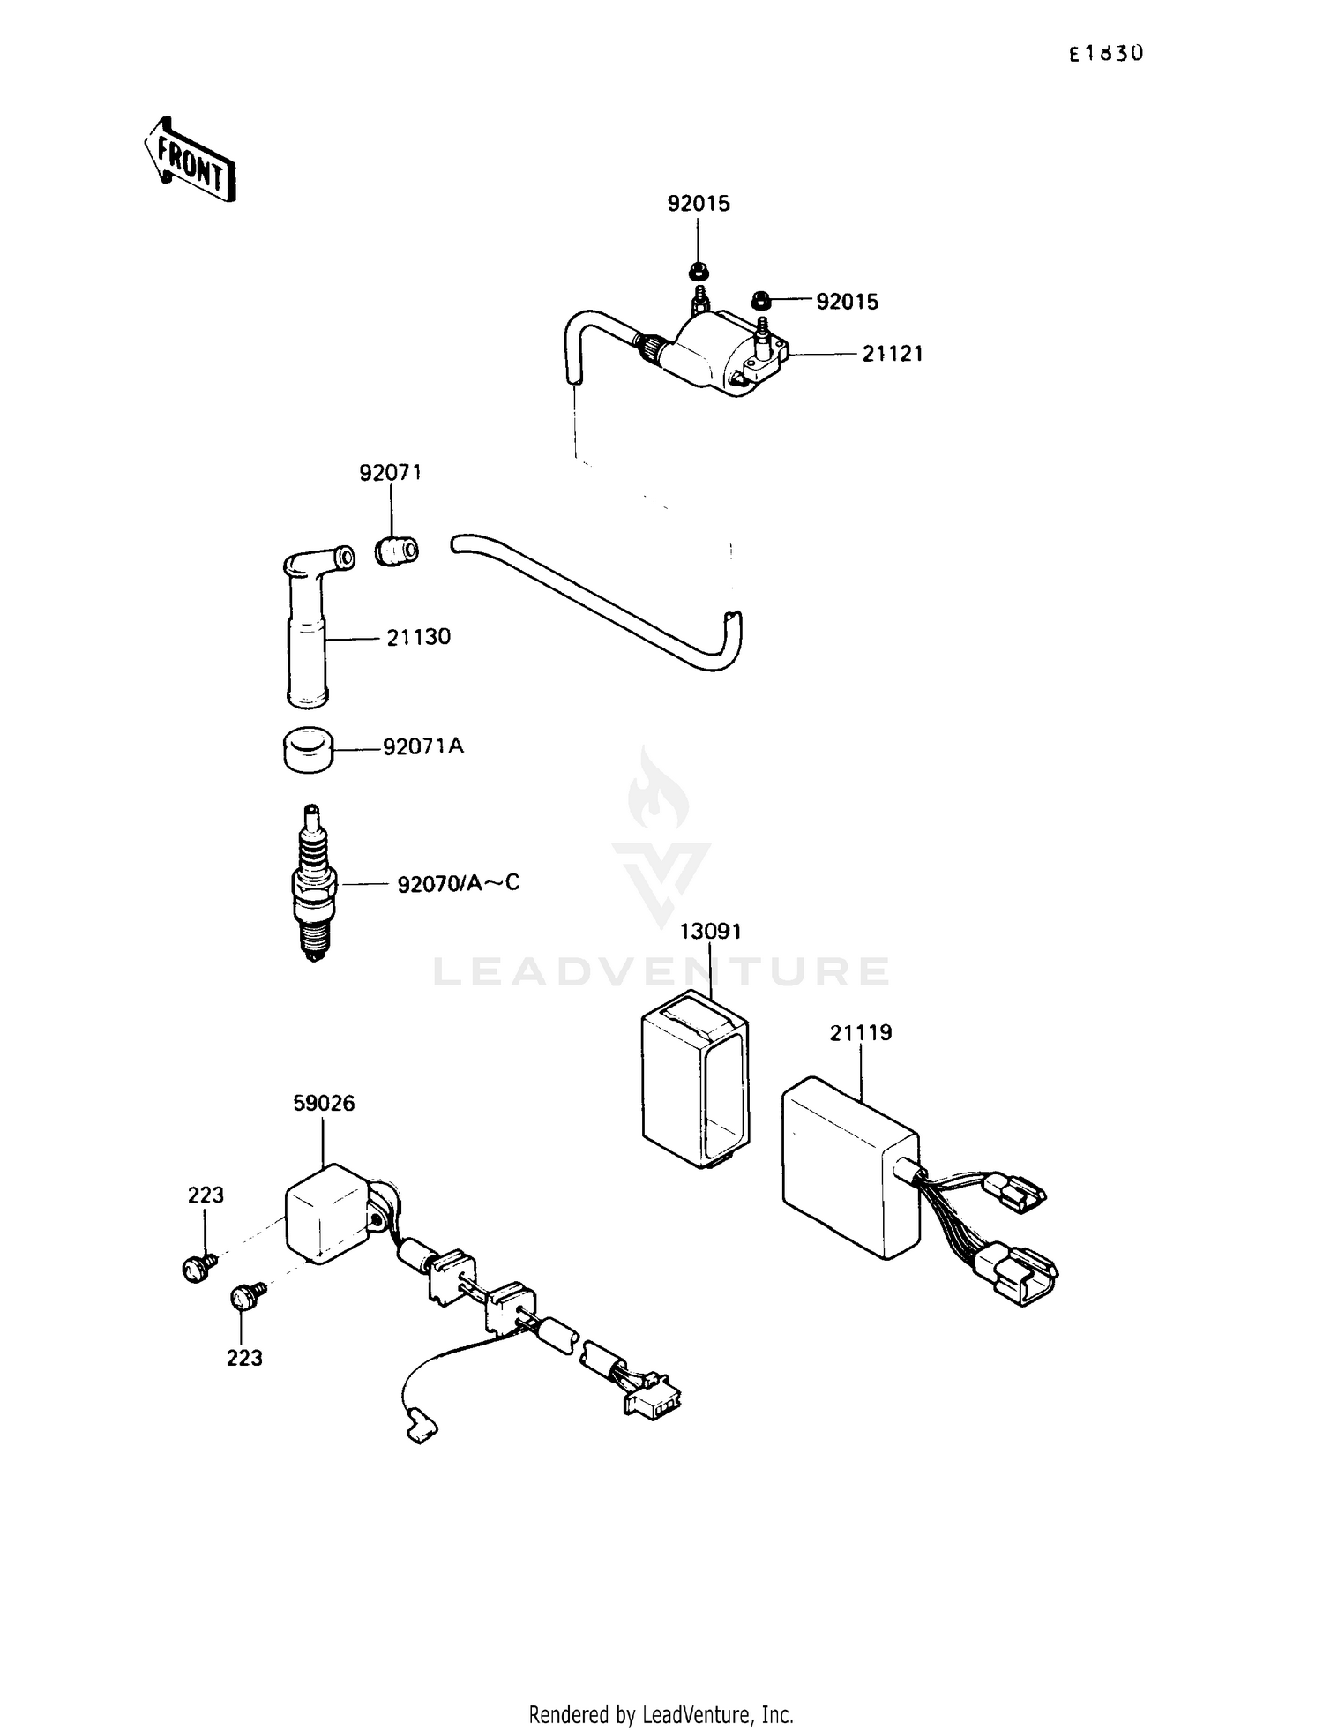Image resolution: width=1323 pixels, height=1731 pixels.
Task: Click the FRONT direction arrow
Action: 190,160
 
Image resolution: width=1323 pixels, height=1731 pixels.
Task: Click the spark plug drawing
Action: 312,882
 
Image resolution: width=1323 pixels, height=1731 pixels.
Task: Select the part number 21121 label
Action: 892,354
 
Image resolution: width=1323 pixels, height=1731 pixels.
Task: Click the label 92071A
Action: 422,746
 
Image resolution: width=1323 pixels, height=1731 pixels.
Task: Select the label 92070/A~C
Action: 458,882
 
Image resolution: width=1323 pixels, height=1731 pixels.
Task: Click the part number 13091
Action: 710,931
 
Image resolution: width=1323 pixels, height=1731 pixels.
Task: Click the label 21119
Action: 860,1032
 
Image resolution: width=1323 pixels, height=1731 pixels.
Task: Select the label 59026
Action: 324,1103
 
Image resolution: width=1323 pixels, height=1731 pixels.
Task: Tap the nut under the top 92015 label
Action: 698,268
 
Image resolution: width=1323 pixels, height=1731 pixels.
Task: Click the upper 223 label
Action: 206,1195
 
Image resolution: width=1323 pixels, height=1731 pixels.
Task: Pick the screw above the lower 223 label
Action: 243,1296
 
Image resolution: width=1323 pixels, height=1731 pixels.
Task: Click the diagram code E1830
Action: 1106,54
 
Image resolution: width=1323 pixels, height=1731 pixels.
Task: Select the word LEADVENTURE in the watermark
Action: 661,972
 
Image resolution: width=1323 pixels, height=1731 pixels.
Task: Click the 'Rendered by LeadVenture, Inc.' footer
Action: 661,1714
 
